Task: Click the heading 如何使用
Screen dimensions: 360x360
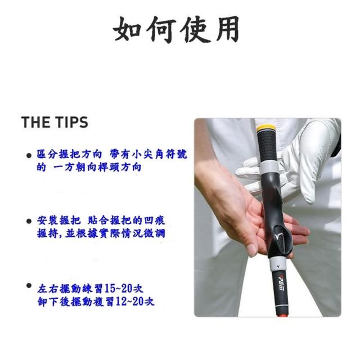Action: click(176, 29)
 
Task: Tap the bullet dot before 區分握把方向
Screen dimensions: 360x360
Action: click(29, 156)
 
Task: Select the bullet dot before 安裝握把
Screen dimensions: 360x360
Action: click(29, 221)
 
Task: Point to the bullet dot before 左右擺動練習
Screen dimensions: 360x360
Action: click(29, 286)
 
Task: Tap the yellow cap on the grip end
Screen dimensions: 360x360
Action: click(265, 128)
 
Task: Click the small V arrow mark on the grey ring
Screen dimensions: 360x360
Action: click(278, 266)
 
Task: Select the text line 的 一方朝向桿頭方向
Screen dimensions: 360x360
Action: click(89, 167)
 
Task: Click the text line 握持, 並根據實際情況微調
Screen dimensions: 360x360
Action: click(101, 234)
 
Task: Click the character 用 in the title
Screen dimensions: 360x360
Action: click(227, 29)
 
